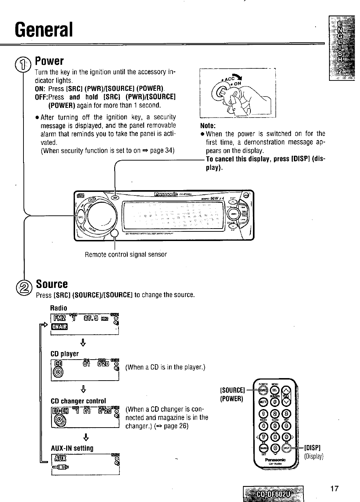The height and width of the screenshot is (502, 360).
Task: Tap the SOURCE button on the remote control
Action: tap(263, 391)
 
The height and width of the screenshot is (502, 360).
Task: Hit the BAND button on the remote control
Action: tap(263, 448)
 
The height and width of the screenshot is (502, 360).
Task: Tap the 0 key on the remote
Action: tap(275, 448)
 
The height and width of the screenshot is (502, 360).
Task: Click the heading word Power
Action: tap(49, 61)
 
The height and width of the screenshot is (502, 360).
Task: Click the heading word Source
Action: tap(52, 284)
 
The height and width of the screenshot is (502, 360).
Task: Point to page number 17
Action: tap(334, 488)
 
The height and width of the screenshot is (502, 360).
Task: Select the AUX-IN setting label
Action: tap(72, 448)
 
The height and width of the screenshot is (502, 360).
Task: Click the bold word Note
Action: tap(208, 126)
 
